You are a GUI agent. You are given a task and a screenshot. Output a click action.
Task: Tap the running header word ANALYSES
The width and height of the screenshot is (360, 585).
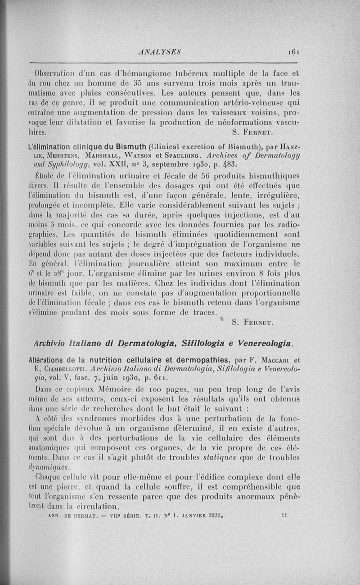(161, 52)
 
